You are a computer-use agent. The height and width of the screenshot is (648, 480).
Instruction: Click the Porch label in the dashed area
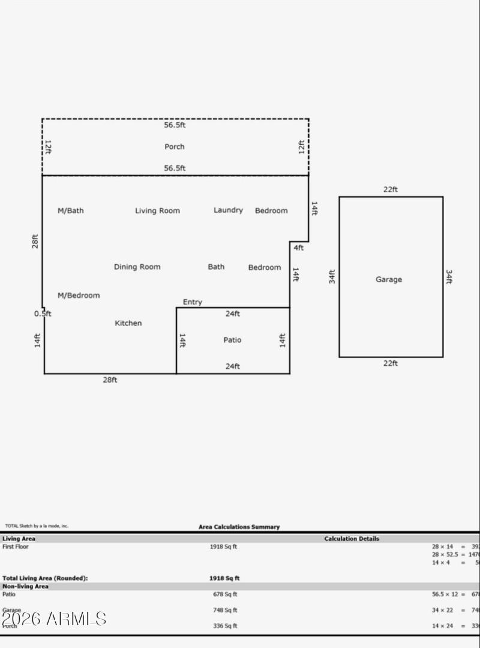coord(175,147)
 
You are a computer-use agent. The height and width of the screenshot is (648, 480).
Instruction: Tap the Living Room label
coord(157,211)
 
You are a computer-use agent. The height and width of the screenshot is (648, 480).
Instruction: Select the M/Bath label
coord(71,211)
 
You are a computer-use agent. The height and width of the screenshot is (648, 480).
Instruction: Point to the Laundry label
coord(228,210)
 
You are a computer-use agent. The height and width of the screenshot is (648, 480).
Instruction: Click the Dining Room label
coord(137,267)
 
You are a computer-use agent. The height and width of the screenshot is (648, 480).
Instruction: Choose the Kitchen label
coord(128,323)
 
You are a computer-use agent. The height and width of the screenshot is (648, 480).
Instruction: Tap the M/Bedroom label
coord(79,295)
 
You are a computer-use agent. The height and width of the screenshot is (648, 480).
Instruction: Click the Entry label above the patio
coord(192,302)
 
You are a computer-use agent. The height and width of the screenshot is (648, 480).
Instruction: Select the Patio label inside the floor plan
coord(232,340)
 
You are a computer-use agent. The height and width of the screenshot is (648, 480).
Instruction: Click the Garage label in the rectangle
coord(389,279)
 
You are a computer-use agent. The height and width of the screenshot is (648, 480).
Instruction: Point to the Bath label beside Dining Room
coord(216,267)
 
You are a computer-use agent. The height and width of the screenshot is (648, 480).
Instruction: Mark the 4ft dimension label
coord(298,247)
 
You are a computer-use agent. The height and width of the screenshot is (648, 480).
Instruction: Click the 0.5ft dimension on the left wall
coord(43,313)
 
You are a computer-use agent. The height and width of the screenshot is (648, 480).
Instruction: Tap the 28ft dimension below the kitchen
coord(110,380)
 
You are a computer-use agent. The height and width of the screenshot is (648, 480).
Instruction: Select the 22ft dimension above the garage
coord(391,189)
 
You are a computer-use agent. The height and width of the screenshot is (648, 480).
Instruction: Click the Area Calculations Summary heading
coord(239,527)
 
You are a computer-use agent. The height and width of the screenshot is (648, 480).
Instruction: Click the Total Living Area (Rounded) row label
coord(45,578)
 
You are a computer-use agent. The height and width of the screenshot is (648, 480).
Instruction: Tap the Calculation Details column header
coord(352,539)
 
